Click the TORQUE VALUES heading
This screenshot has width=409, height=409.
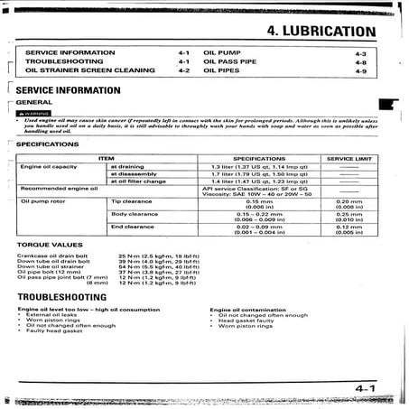[x=43, y=246]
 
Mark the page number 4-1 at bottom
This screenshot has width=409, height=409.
[x=365, y=389]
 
